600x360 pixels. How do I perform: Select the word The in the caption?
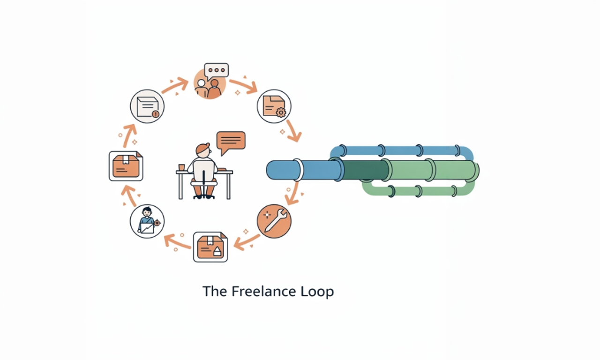pyautogui.click(x=215, y=291)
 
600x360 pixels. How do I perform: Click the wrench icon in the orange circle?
pyautogui.click(x=274, y=221)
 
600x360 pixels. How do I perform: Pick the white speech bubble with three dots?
pyautogui.click(x=217, y=71)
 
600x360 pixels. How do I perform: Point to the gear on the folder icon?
pyautogui.click(x=281, y=112)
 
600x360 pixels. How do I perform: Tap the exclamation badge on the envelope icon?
pyautogui.click(x=155, y=113)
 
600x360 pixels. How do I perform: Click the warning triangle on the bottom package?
pyautogui.click(x=217, y=252)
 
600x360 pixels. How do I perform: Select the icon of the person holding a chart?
pyautogui.click(x=147, y=221)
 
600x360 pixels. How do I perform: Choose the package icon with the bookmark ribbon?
pyautogui.click(x=126, y=166)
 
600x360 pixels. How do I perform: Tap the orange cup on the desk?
pyautogui.click(x=181, y=167)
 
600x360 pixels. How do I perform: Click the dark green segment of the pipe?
pyautogui.click(x=366, y=170)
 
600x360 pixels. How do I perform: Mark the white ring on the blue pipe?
pyautogui.click(x=297, y=170)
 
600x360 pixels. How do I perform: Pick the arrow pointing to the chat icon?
pyautogui.click(x=174, y=86)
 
